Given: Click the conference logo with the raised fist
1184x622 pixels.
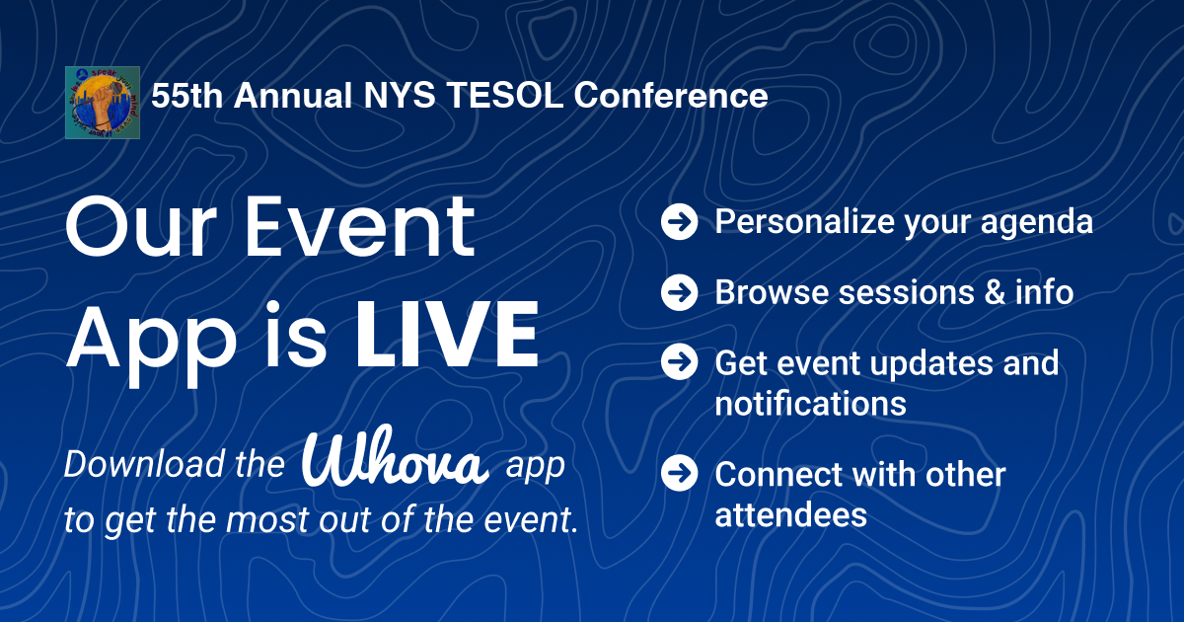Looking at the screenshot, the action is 103,103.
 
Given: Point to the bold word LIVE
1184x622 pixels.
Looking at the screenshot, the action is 447,335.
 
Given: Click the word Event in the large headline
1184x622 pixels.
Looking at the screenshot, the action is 359,226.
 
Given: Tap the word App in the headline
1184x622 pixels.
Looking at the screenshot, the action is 151,342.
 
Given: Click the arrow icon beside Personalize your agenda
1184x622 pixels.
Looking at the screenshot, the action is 679,221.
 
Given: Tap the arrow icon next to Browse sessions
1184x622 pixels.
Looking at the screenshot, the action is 679,292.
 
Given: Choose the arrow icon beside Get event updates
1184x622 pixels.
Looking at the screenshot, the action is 679,361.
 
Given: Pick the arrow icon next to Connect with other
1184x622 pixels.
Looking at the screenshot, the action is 679,473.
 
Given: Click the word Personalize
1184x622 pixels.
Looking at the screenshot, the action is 804,221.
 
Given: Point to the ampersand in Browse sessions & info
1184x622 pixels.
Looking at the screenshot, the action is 995,292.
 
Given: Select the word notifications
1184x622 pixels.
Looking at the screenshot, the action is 810,404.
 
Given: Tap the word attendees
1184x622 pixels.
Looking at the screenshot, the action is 790,514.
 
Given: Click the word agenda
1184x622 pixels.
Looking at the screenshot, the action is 1037,223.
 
